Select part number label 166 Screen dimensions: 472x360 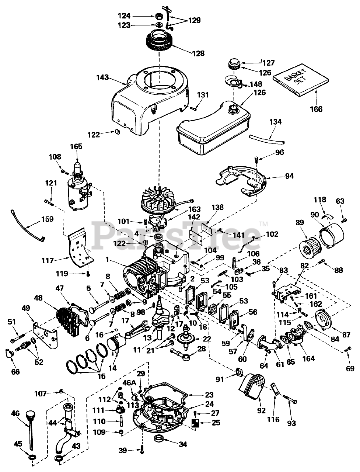tap(316, 109)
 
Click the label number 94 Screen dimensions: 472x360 tap(289, 176)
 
